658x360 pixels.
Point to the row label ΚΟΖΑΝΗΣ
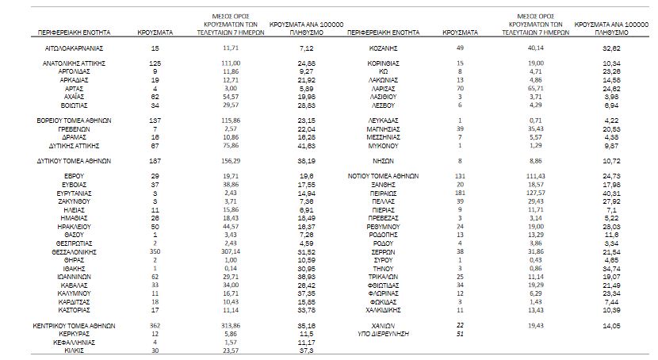click(383, 48)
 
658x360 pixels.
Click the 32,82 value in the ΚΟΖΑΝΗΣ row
click(610, 48)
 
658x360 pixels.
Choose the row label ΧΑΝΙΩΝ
click(383, 325)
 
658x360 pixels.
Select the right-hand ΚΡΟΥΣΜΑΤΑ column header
click(460, 33)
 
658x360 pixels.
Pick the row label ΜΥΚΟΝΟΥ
click(383, 147)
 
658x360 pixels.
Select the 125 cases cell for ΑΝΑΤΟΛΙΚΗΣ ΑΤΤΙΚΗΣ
click(155, 62)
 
